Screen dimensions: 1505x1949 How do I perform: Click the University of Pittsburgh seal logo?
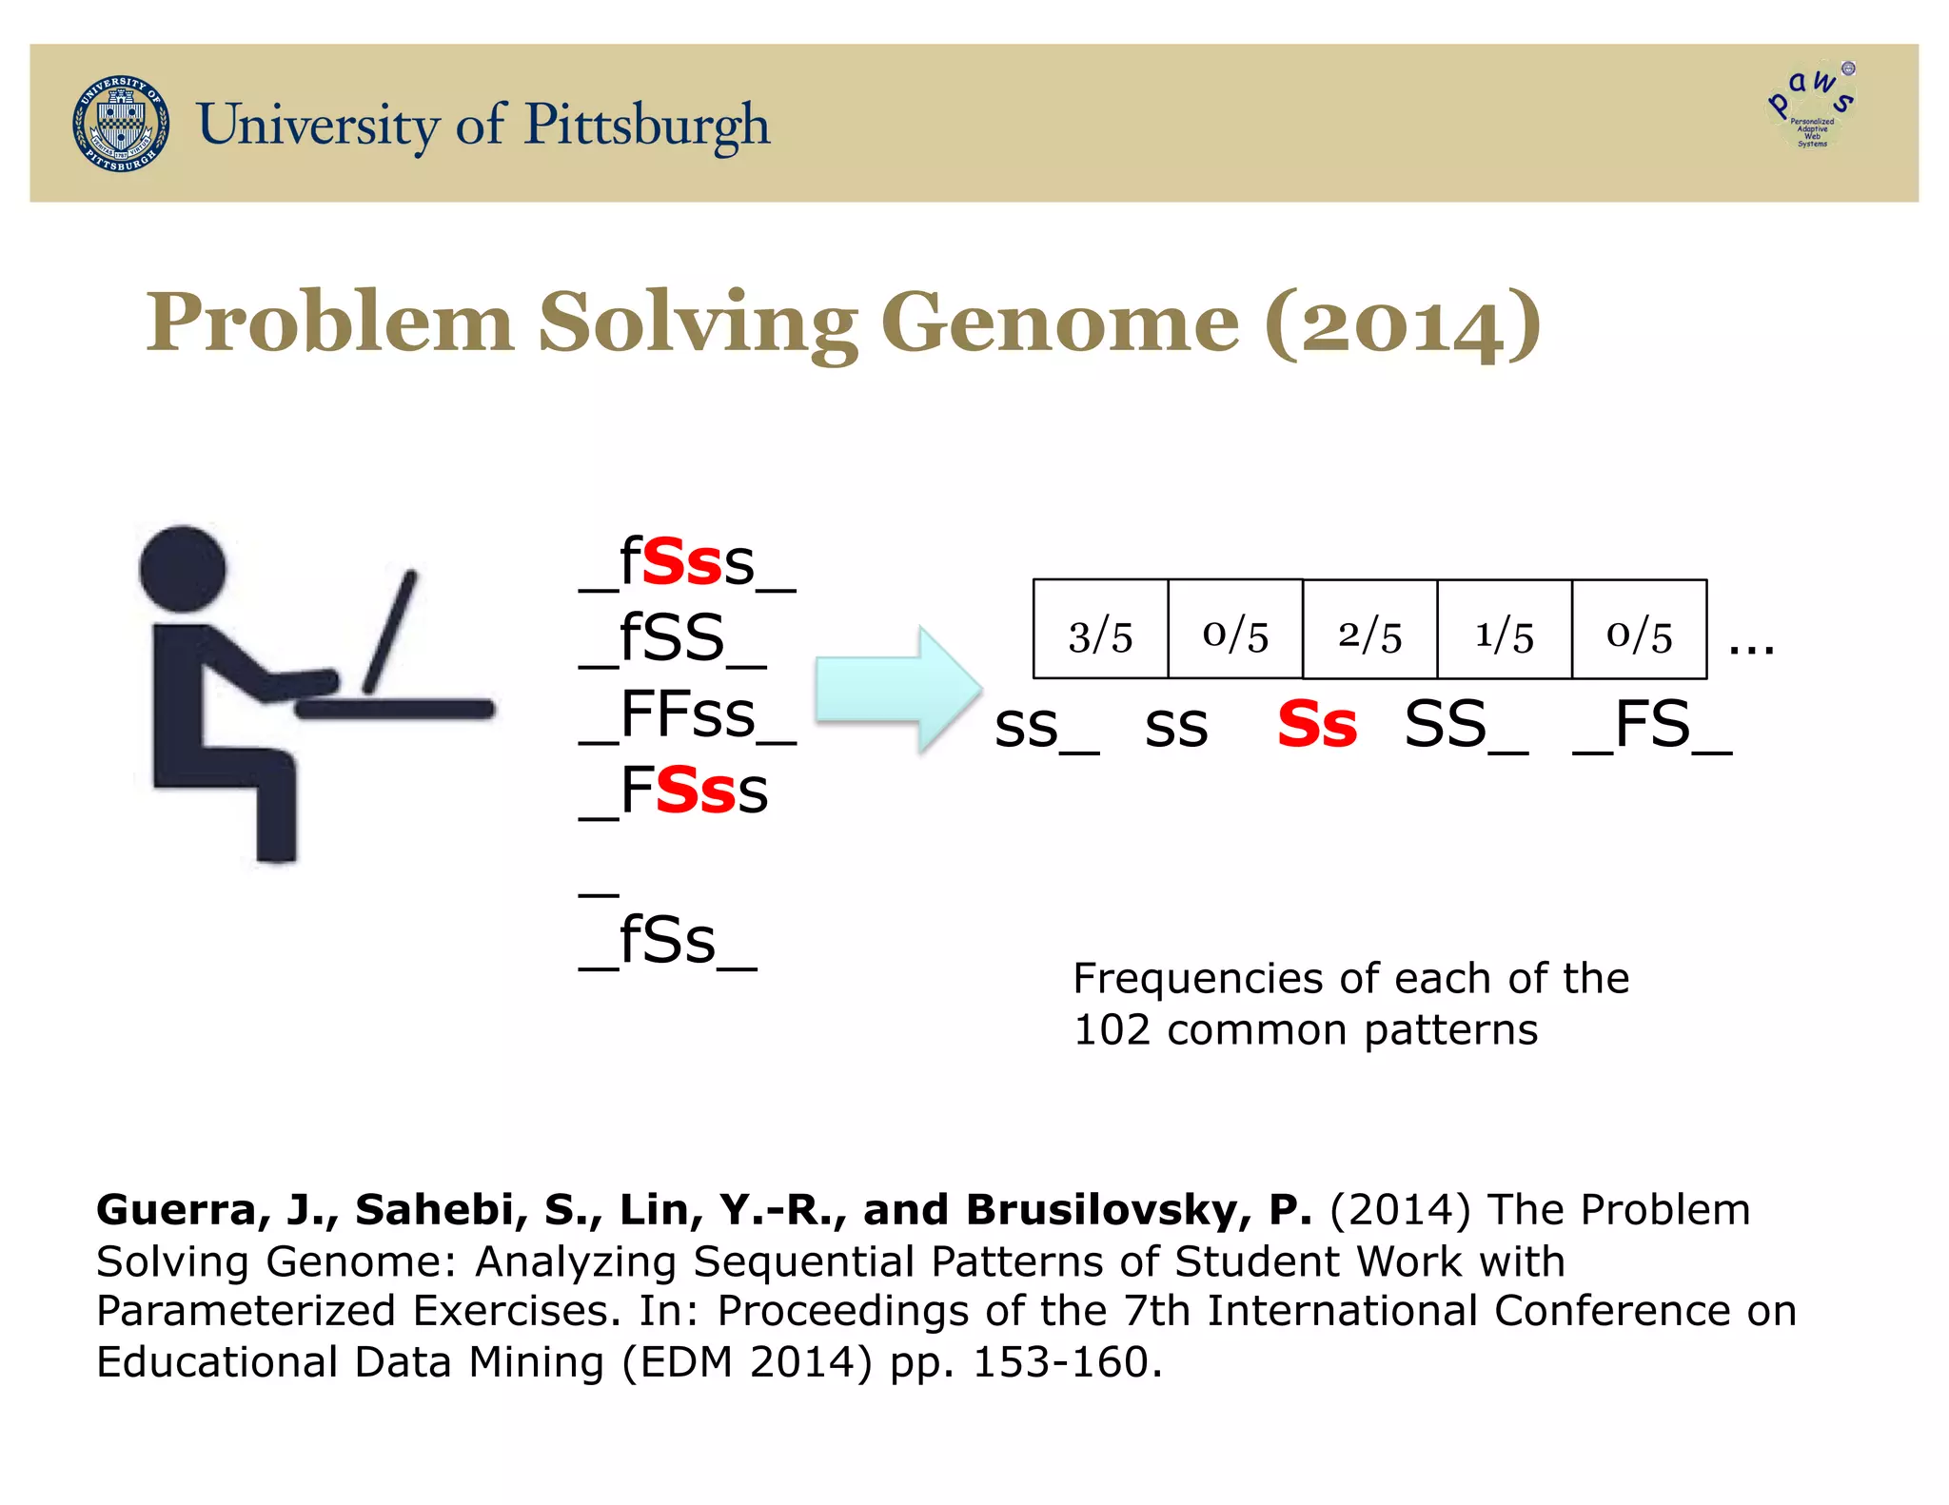(122, 124)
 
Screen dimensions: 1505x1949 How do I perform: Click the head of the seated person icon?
(183, 569)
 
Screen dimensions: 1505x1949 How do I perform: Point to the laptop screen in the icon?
(390, 631)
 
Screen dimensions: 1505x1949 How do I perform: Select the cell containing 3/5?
(1100, 630)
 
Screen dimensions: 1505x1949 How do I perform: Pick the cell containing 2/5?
(1369, 630)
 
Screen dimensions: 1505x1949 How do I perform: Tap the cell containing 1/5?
(1504, 630)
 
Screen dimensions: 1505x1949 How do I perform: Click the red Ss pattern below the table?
(1317, 725)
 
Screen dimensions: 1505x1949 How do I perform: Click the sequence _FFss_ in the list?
(687, 715)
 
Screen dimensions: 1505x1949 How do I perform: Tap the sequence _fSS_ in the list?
(672, 639)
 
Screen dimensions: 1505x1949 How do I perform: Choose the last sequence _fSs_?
(668, 942)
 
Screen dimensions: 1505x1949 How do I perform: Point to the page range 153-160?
(1061, 1362)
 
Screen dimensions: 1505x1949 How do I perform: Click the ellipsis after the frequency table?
(1751, 647)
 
